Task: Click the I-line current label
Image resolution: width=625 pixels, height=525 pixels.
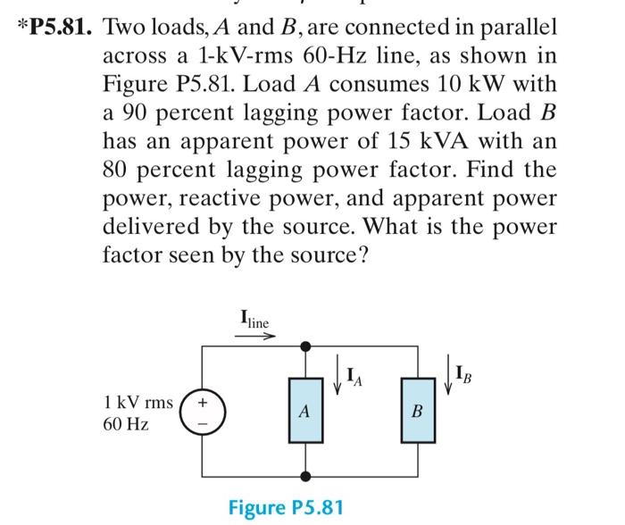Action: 254,317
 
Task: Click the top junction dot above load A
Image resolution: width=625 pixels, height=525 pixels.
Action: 304,346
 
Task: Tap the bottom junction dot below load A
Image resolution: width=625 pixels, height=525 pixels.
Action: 304,477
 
